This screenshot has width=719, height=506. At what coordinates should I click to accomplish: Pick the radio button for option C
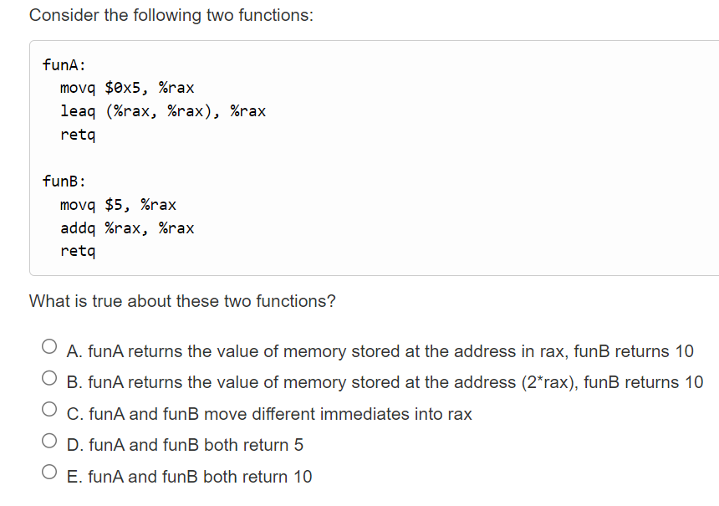pos(49,411)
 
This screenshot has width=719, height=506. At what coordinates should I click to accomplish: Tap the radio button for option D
pos(49,442)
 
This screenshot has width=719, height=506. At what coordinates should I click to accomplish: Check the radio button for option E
pos(49,473)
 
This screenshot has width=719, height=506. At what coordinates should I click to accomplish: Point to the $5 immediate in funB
pos(114,205)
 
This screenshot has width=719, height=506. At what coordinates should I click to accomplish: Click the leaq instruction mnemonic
pos(78,111)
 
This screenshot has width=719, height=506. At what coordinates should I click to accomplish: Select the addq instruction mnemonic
pos(78,228)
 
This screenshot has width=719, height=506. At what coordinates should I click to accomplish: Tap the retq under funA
pos(78,135)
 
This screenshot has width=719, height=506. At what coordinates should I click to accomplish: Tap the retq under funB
pos(78,251)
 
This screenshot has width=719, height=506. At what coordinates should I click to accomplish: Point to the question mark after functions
pos(331,301)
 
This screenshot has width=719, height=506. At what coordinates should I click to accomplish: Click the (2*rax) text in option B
pos(547,383)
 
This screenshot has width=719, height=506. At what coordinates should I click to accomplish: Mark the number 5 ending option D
pos(298,446)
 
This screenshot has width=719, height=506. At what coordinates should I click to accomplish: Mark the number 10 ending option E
pos(303,478)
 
